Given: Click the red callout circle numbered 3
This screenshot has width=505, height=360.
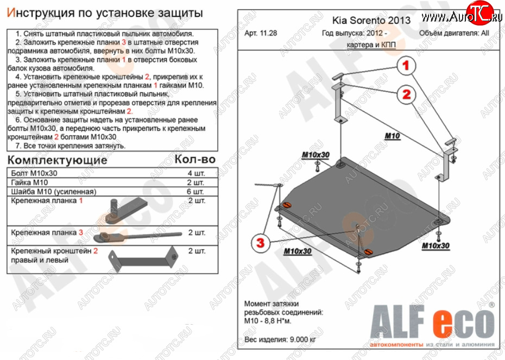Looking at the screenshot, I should [x=261, y=242].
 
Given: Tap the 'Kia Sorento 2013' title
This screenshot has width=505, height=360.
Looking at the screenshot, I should [x=371, y=20].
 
